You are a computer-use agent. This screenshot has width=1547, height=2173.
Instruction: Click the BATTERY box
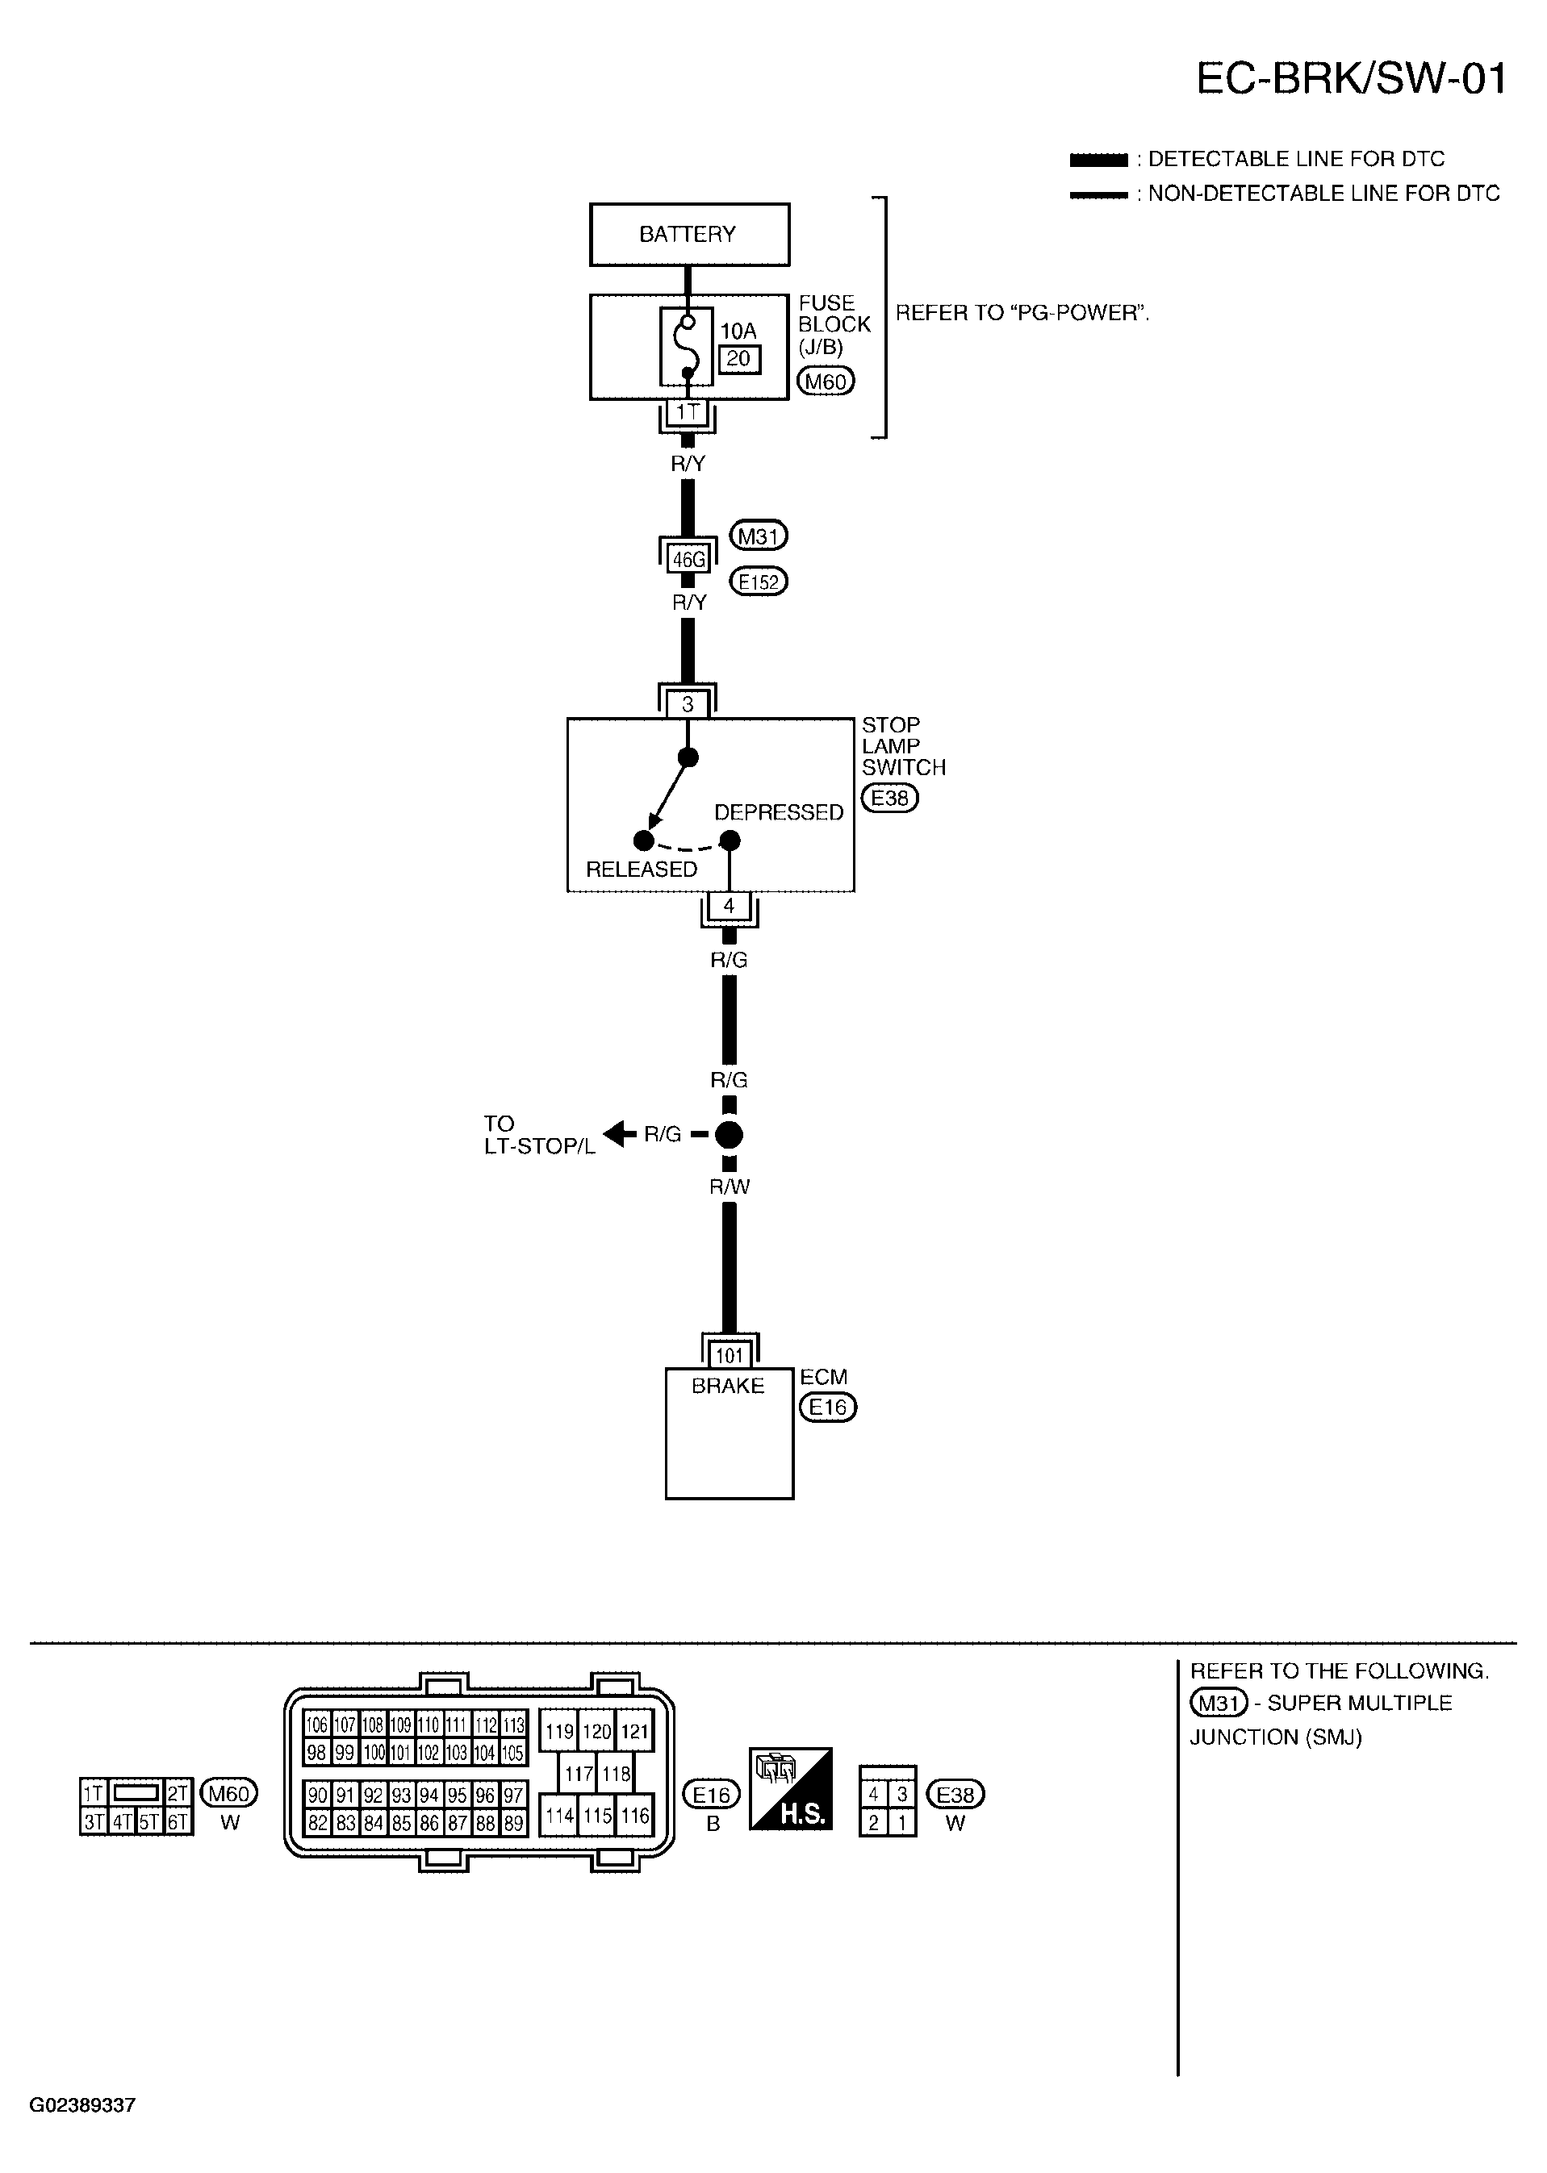pyautogui.click(x=688, y=234)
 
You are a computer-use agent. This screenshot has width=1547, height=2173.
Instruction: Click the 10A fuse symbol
pyautogui.click(x=687, y=348)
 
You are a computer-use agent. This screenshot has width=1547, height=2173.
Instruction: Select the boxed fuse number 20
pyautogui.click(x=738, y=359)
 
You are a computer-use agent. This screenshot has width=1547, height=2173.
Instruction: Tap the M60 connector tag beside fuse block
pyautogui.click(x=825, y=382)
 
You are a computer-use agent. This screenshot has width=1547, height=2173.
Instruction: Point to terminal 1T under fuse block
pyautogui.click(x=687, y=412)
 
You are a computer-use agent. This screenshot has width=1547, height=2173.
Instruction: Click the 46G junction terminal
pyautogui.click(x=688, y=559)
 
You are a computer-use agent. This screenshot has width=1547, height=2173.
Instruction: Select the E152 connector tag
pyautogui.click(x=759, y=581)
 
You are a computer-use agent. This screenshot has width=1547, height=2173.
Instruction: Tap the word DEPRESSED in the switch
pyautogui.click(x=778, y=812)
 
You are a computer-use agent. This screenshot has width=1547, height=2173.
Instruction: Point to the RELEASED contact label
pyautogui.click(x=641, y=870)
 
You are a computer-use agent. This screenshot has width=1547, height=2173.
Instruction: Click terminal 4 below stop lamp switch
pyautogui.click(x=729, y=906)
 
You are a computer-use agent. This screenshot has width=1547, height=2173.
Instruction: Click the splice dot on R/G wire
pyautogui.click(x=729, y=1134)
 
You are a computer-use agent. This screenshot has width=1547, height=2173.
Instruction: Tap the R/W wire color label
pyautogui.click(x=729, y=1187)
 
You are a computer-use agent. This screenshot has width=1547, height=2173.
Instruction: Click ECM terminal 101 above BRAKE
pyautogui.click(x=729, y=1355)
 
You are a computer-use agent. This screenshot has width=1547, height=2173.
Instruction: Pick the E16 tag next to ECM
pyautogui.click(x=828, y=1408)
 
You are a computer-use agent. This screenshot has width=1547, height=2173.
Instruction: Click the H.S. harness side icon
pyautogui.click(x=791, y=1788)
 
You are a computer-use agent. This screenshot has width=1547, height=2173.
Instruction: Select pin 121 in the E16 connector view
pyautogui.click(x=634, y=1731)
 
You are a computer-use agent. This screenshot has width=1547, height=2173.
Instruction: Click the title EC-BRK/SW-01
pyautogui.click(x=1351, y=79)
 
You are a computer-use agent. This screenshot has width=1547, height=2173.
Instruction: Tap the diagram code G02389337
pyautogui.click(x=82, y=2105)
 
